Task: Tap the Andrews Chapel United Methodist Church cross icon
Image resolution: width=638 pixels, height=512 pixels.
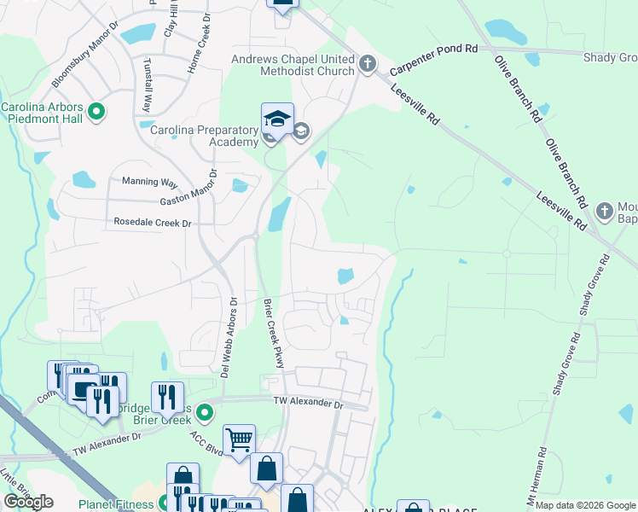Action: click(368, 64)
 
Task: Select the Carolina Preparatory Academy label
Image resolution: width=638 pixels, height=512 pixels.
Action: click(205, 136)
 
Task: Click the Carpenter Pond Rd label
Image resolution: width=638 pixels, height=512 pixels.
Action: click(433, 60)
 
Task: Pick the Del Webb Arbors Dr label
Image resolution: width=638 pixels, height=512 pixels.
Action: click(226, 337)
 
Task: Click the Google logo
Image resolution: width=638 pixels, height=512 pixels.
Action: click(28, 502)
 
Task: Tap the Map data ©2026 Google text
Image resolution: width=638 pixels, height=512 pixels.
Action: click(585, 505)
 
